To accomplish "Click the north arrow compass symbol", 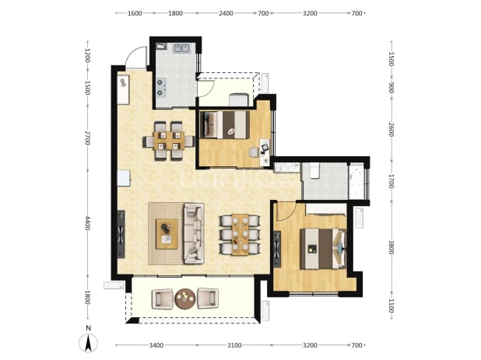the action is pos(88,343).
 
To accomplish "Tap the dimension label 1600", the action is pos(135,13).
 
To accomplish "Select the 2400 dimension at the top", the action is pos(226,13).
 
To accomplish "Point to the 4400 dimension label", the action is pos(87,223).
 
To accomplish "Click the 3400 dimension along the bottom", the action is pos(156,345).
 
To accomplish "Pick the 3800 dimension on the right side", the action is pos(391,247).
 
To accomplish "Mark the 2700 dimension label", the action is pos(87,138).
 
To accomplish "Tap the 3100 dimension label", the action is pos(234,345).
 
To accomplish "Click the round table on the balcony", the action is pos(185,299).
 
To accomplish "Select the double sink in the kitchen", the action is pos(181,48).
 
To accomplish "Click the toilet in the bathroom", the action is pos(314,170).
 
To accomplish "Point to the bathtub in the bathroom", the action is pos(356,182).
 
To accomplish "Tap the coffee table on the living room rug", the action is pos(167,234).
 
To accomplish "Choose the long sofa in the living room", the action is pos(194,233).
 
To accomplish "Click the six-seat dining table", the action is pos(240,234).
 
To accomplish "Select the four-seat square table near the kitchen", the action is pos(169,141).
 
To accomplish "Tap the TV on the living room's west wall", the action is pos(121,234).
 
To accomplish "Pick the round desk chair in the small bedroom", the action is pos(254,152).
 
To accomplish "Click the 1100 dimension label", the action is pos(391,306).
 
